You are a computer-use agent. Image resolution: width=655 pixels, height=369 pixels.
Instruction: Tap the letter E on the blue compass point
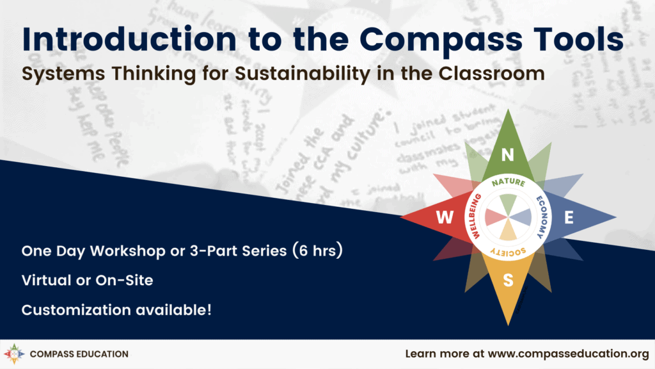[569, 218]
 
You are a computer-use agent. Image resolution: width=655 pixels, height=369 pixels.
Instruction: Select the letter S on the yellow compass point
[508, 280]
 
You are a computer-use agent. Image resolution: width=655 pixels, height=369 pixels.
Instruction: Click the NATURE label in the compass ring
[508, 183]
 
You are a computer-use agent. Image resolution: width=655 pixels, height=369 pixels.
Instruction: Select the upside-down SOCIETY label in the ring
[509, 252]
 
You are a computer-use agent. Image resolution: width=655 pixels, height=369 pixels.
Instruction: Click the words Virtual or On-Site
[87, 280]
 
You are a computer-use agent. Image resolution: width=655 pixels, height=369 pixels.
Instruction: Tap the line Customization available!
[116, 309]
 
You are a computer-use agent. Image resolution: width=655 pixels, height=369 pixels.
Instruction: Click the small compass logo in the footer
[15, 354]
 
